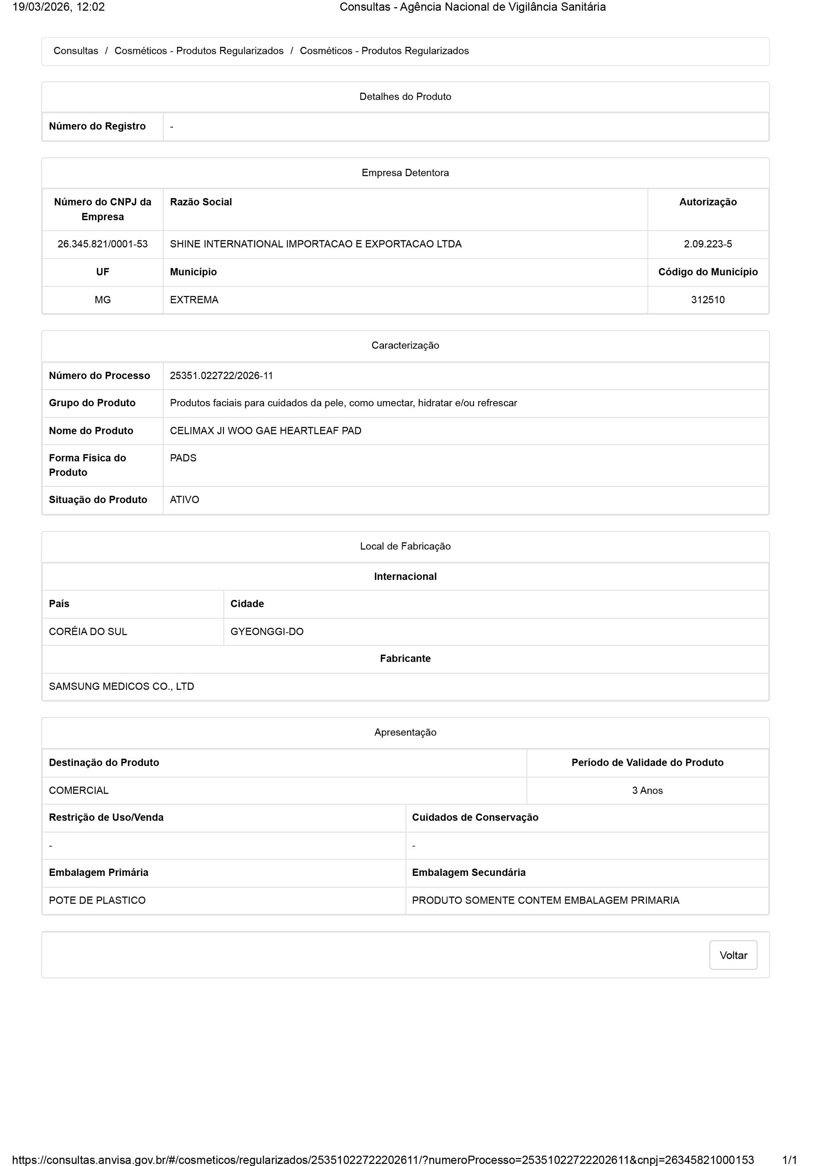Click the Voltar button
733,955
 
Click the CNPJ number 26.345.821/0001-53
102,244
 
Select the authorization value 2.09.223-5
707,244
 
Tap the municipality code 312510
707,299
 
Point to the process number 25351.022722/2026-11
221,375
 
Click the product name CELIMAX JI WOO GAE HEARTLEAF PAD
266,430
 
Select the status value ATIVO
184,500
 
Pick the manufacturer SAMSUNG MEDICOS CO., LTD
121,686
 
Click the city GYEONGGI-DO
267,631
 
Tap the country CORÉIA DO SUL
88,631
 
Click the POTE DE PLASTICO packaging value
97,900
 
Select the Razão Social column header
200,202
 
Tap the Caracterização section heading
405,345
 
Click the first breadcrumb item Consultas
76,51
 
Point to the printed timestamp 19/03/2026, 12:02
58,7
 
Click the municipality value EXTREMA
194,299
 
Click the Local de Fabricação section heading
405,546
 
